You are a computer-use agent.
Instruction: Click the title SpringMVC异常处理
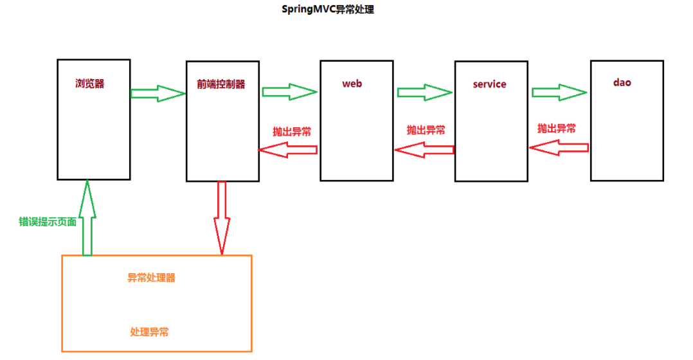(328, 10)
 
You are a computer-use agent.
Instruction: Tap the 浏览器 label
(89, 84)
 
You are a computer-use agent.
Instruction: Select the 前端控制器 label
(221, 84)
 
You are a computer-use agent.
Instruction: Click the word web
(352, 84)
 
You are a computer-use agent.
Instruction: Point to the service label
(489, 84)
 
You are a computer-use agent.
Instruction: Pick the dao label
(622, 82)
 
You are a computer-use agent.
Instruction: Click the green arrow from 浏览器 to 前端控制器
(157, 93)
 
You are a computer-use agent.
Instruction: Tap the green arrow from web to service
(425, 92)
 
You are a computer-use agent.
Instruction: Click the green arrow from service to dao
(560, 92)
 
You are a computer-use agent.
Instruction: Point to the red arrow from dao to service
(559, 148)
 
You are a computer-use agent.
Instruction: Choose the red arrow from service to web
(424, 150)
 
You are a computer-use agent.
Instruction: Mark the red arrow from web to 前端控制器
(288, 150)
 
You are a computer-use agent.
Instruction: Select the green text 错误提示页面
(48, 222)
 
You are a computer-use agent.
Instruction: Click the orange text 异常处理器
(152, 278)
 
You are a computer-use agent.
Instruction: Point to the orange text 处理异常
(150, 332)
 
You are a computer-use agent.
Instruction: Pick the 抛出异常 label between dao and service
(557, 129)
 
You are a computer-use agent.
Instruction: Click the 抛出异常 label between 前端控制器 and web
(292, 131)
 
